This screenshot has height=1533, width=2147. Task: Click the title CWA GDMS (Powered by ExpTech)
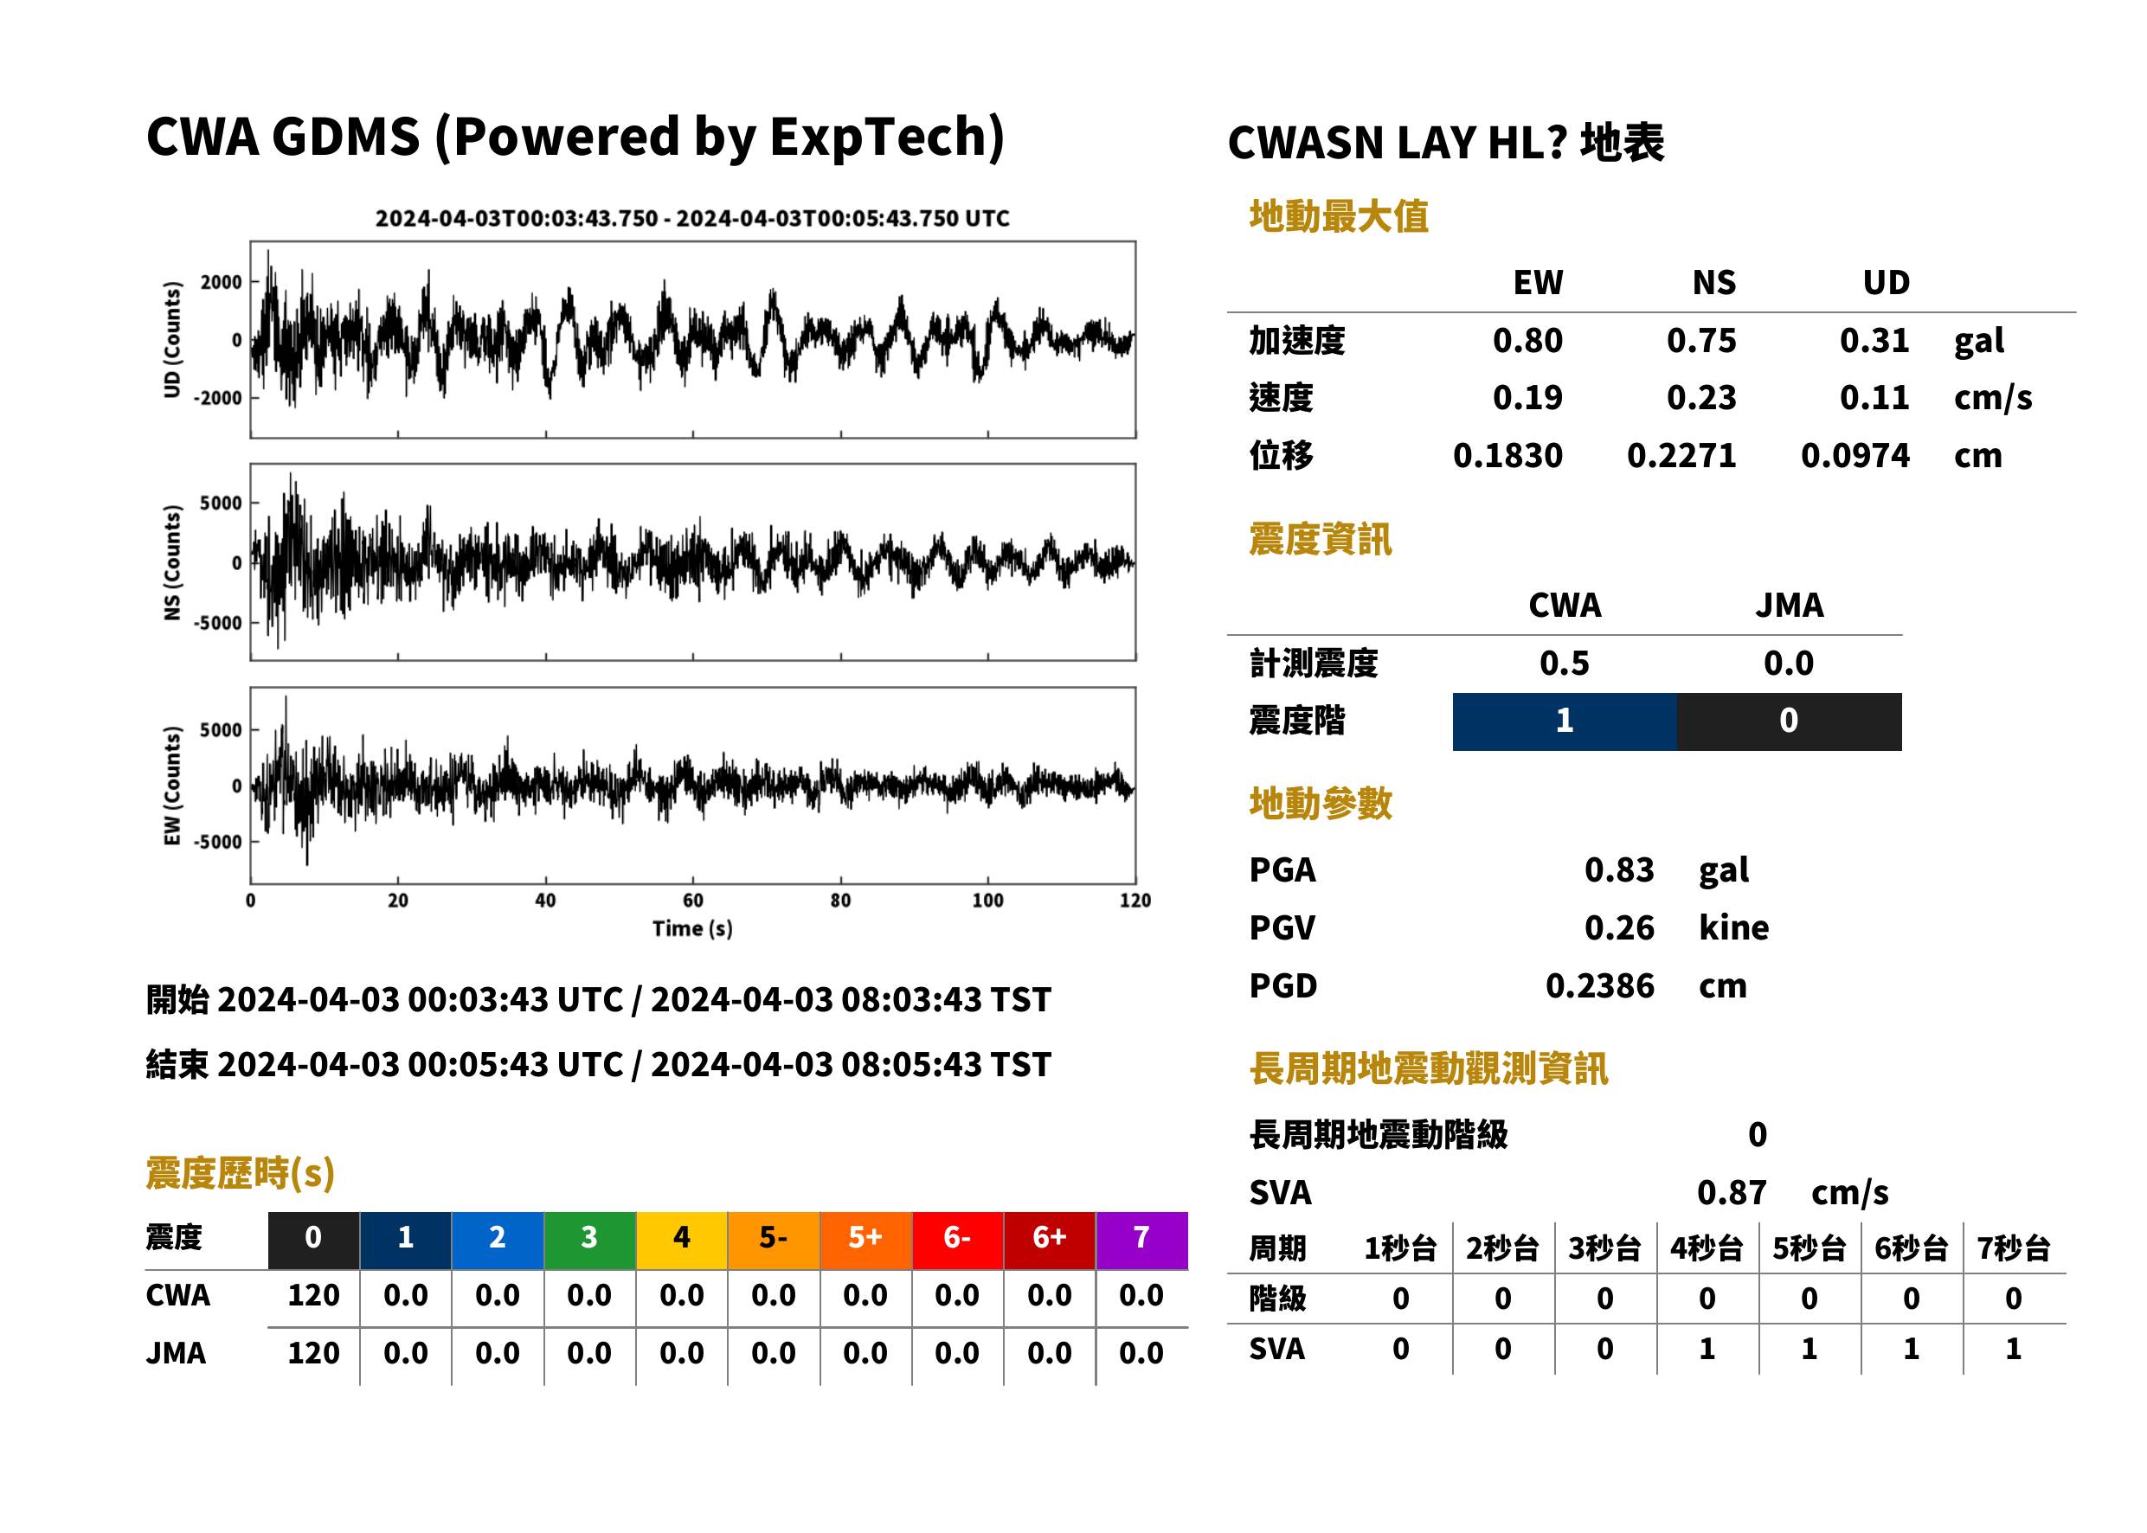pyautogui.click(x=575, y=137)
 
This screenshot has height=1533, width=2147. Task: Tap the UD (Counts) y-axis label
pyautogui.click(x=172, y=339)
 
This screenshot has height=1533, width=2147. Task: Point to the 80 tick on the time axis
pyautogui.click(x=840, y=901)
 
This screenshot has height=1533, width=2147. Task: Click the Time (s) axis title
pyautogui.click(x=692, y=929)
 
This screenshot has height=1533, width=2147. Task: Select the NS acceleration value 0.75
pyautogui.click(x=1700, y=341)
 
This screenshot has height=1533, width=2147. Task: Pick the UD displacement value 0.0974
pyautogui.click(x=1855, y=456)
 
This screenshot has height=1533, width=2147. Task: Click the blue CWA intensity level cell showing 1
pyautogui.click(x=1565, y=722)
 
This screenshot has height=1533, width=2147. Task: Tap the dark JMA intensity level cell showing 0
pyautogui.click(x=1790, y=722)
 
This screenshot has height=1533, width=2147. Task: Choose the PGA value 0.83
pyautogui.click(x=1619, y=869)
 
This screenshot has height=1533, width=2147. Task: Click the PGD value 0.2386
pyautogui.click(x=1599, y=985)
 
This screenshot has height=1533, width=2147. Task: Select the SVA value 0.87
pyautogui.click(x=1732, y=1192)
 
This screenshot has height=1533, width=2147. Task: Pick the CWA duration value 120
pyautogui.click(x=313, y=1295)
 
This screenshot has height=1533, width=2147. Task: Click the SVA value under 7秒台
pyautogui.click(x=2014, y=1349)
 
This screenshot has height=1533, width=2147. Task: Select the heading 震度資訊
pyautogui.click(x=1320, y=540)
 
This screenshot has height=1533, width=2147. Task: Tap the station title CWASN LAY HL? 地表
pyautogui.click(x=1445, y=144)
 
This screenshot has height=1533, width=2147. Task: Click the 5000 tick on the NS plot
pyautogui.click(x=221, y=504)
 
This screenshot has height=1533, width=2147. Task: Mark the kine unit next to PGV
pyautogui.click(x=1733, y=928)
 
